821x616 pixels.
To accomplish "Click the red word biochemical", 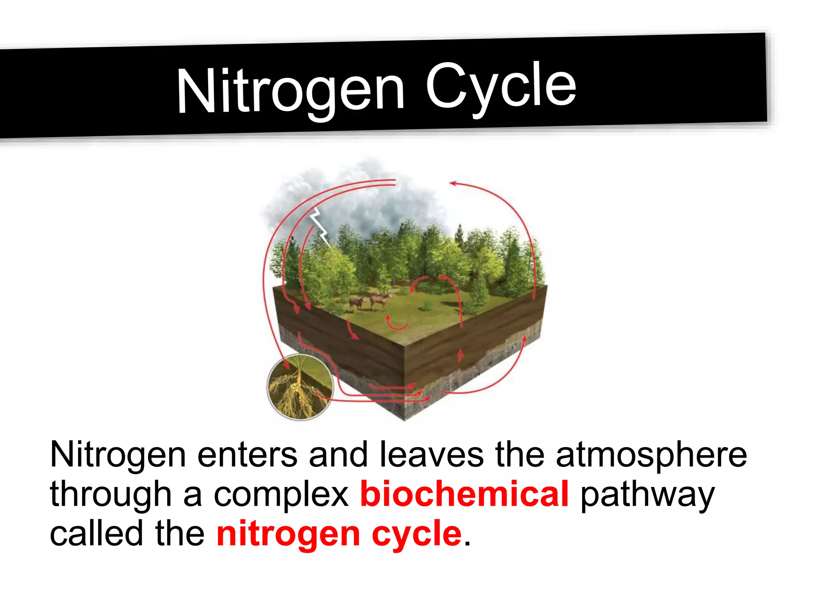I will coord(464,494).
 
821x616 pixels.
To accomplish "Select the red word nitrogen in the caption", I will coord(288,534).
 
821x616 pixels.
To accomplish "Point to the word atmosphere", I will coord(651,455).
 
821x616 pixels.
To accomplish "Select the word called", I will coord(96,534).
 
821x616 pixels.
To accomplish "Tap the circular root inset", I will coord(300,387).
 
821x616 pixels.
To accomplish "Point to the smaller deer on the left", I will coord(357,303).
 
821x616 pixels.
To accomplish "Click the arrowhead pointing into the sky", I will coord(453,183).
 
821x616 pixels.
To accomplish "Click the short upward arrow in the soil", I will coord(461,355).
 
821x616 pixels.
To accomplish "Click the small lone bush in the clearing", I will coord(427,306).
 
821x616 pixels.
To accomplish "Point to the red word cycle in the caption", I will coord(417,534).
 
